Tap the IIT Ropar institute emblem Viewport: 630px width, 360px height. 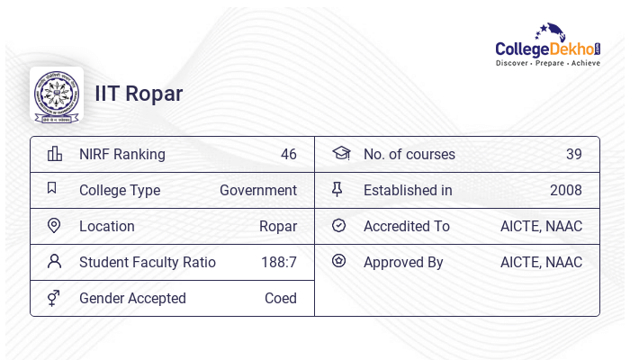pyautogui.click(x=57, y=94)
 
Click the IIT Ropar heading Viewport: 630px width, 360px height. pyautogui.click(x=139, y=94)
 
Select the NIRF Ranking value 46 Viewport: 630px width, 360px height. pyautogui.click(x=288, y=154)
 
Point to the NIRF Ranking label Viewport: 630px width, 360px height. pyautogui.click(x=122, y=154)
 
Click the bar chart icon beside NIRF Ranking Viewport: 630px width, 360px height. pyautogui.click(x=54, y=154)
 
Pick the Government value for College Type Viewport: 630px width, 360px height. pyautogui.click(x=258, y=190)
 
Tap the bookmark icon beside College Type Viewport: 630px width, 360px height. pyautogui.click(x=52, y=189)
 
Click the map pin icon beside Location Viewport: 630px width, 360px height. pyautogui.click(x=54, y=226)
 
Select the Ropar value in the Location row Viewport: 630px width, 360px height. pyautogui.click(x=278, y=226)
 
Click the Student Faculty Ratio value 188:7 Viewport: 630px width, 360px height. pyautogui.click(x=279, y=262)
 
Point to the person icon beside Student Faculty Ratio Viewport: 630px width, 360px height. pyautogui.click(x=54, y=262)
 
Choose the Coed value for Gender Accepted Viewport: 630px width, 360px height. pyautogui.click(x=281, y=298)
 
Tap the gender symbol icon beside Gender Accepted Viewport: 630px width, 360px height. pyautogui.click(x=54, y=298)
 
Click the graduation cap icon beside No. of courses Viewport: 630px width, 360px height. pyautogui.click(x=340, y=154)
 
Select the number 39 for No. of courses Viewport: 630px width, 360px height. pyautogui.click(x=574, y=154)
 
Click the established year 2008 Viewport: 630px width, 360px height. pyautogui.click(x=566, y=190)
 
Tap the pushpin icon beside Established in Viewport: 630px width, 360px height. pyautogui.click(x=337, y=190)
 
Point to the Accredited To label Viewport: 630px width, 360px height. pyautogui.click(x=407, y=226)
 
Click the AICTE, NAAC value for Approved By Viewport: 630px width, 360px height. pyautogui.click(x=541, y=262)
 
